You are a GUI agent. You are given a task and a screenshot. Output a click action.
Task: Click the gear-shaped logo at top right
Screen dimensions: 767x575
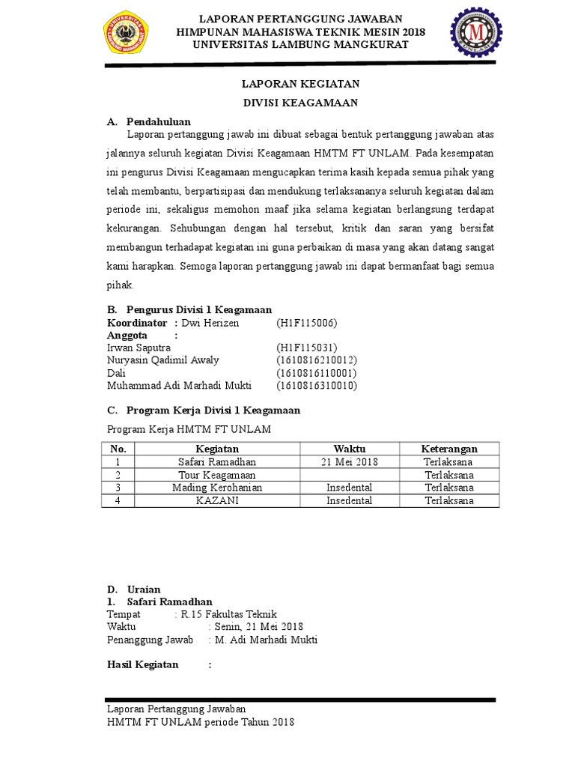pyautogui.click(x=475, y=35)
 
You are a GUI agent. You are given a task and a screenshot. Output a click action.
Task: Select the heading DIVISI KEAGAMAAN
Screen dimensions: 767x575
pyautogui.click(x=300, y=103)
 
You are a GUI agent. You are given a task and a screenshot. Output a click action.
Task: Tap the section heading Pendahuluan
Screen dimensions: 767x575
pyautogui.click(x=158, y=121)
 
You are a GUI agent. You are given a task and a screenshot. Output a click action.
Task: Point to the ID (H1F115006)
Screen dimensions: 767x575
pyautogui.click(x=307, y=323)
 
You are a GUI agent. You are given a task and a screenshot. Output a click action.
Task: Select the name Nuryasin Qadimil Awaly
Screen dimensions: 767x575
pyautogui.click(x=163, y=360)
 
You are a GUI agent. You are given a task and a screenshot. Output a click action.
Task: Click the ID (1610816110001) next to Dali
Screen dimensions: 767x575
pyautogui.click(x=317, y=373)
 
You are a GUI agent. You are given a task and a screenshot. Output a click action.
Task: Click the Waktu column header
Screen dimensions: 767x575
pyautogui.click(x=349, y=449)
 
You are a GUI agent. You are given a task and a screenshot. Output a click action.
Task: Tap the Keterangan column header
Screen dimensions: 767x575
pyautogui.click(x=449, y=449)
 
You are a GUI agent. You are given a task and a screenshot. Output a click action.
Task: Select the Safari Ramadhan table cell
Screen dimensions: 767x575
pyautogui.click(x=216, y=462)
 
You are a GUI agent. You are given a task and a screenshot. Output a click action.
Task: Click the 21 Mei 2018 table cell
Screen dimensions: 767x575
pyautogui.click(x=349, y=462)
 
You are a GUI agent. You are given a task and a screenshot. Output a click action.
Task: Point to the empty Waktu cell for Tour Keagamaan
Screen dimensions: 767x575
pyautogui.click(x=349, y=476)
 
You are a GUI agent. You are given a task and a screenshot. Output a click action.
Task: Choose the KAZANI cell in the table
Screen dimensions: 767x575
pyautogui.click(x=216, y=501)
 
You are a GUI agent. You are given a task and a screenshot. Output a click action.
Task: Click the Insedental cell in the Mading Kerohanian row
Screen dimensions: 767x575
pyautogui.click(x=349, y=488)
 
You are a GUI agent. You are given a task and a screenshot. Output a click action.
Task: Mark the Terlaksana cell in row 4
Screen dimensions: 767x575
pyautogui.click(x=449, y=501)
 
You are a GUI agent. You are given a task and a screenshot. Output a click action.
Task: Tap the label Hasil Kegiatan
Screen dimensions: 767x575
pyautogui.click(x=143, y=664)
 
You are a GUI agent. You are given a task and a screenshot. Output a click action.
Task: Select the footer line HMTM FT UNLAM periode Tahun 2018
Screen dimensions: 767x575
pyautogui.click(x=201, y=722)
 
